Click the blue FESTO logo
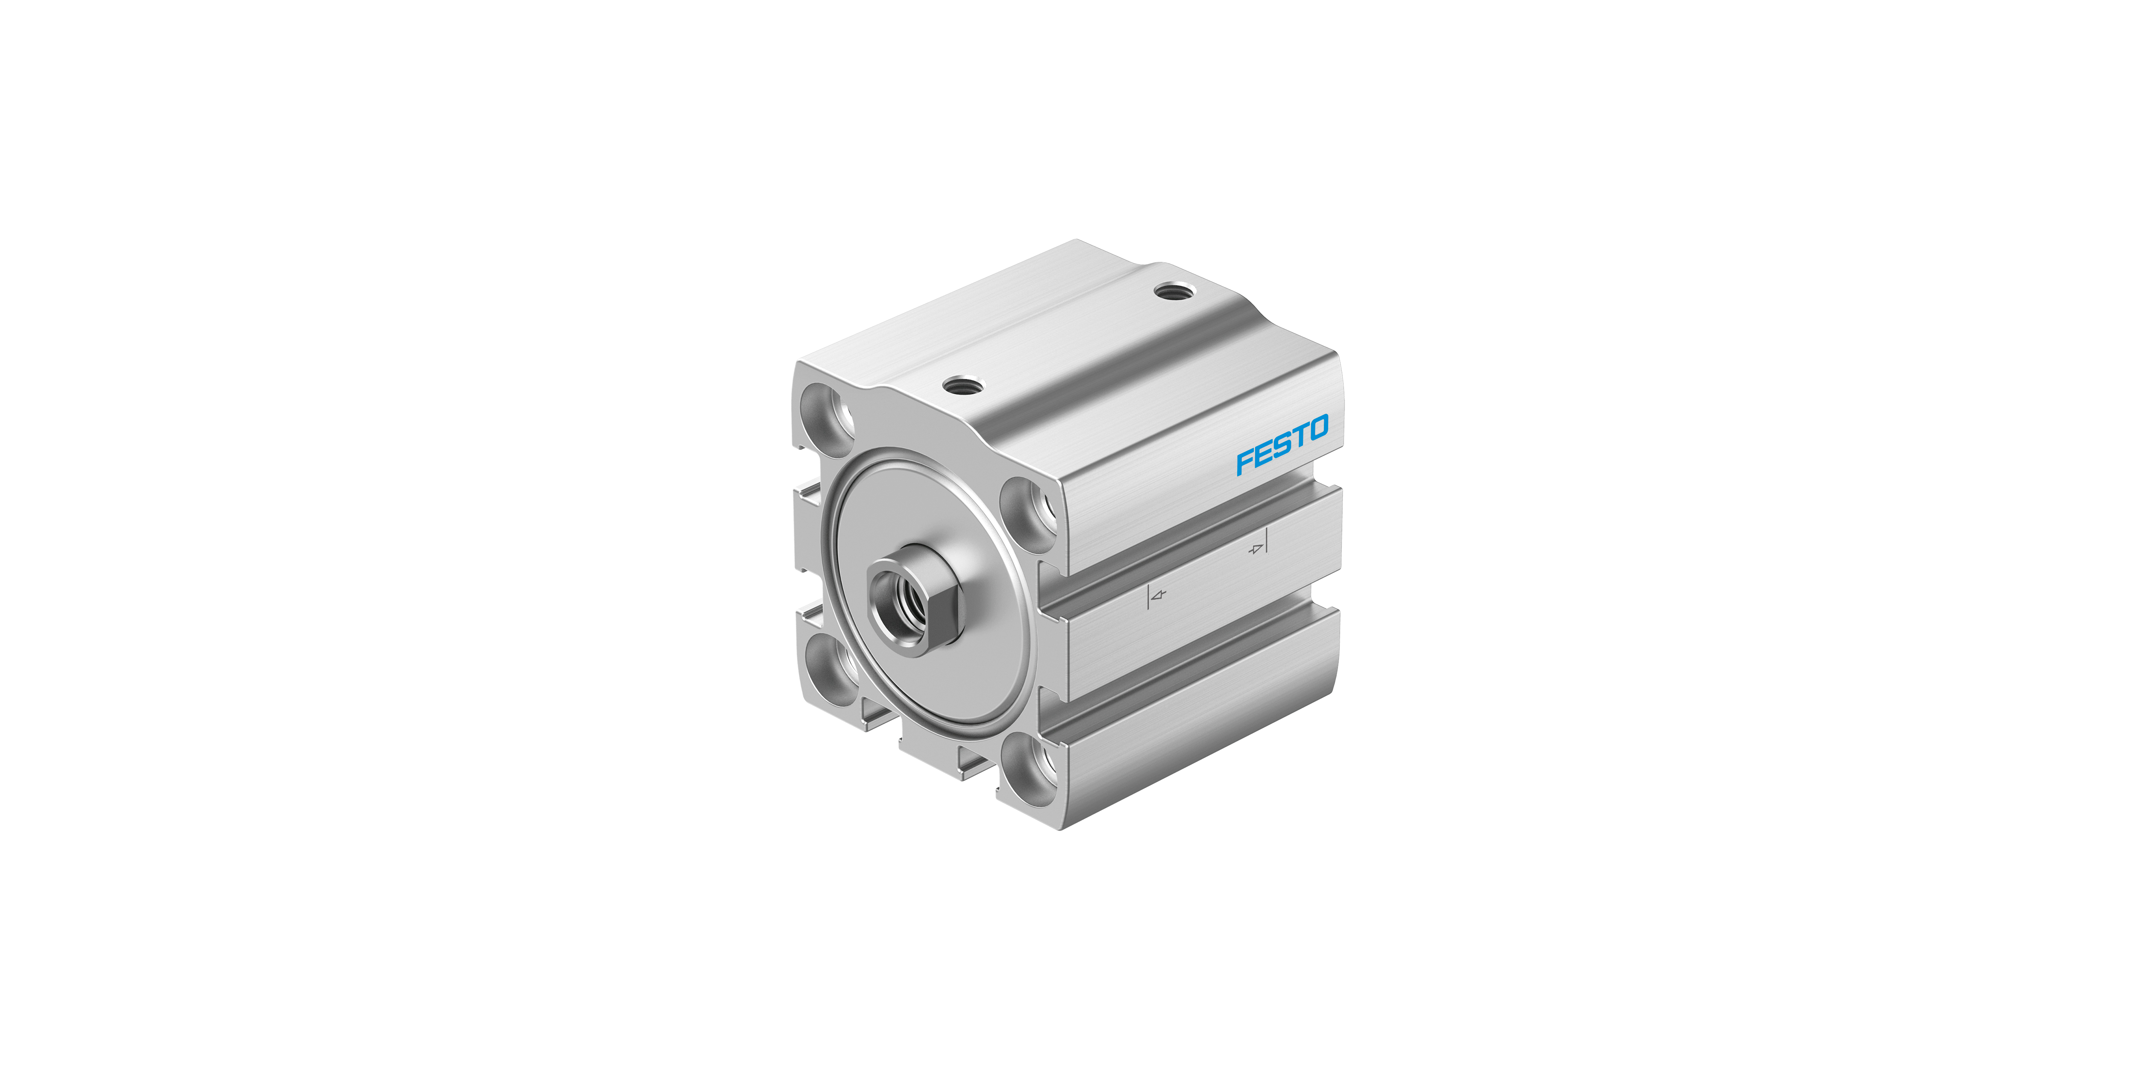point(1282,445)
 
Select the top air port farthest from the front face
point(1173,291)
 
